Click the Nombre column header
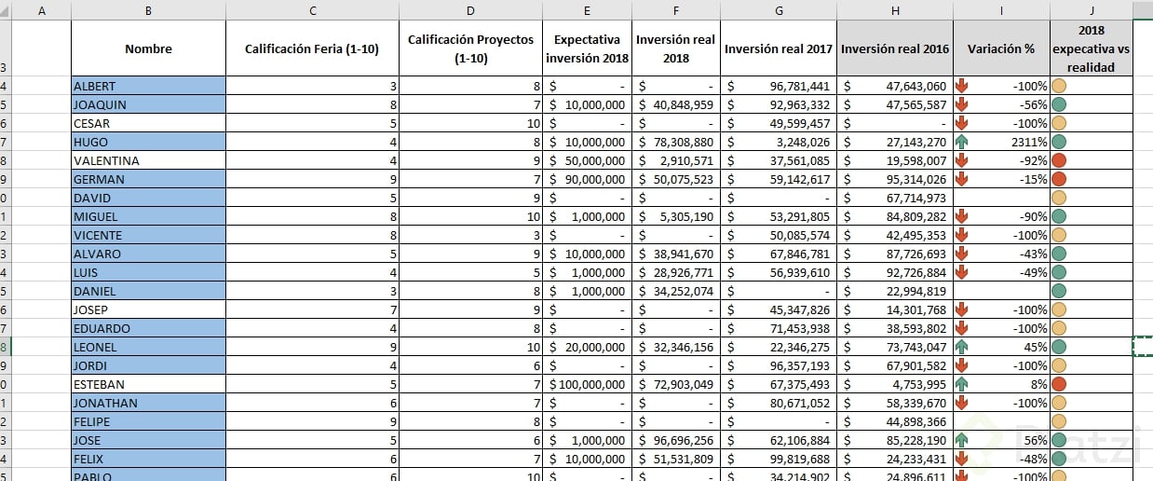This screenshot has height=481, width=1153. pos(148,48)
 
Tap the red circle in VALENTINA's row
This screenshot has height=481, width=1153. pos(1058,160)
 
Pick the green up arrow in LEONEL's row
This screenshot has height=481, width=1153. pos(961,347)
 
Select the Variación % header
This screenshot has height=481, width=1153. pos(1000,48)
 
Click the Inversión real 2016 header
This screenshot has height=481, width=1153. pos(894,48)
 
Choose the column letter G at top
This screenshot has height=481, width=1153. pos(780,10)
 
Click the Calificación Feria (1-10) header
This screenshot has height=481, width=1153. pos(311,48)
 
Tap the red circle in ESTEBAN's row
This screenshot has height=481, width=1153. pos(1058,384)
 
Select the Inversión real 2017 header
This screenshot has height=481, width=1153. pos(779,48)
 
